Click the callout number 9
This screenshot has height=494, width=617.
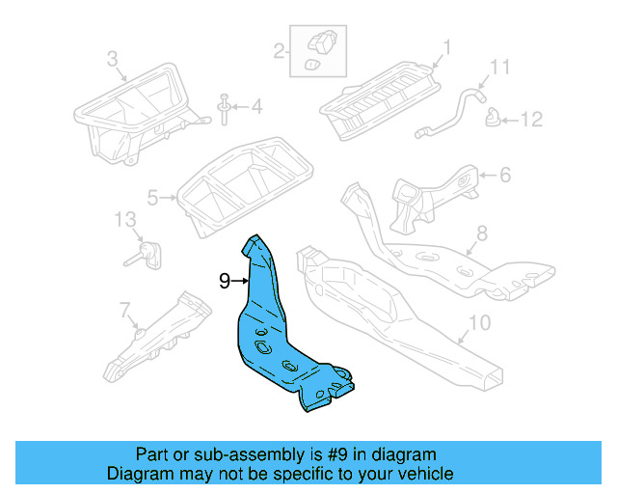click(225, 281)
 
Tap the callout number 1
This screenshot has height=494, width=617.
click(447, 46)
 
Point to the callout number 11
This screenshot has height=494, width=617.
click(499, 67)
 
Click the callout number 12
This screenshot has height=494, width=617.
click(532, 120)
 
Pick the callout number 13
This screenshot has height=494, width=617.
click(126, 220)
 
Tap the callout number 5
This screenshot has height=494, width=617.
click(152, 199)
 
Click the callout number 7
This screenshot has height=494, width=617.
click(124, 309)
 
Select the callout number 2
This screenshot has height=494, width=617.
click(279, 50)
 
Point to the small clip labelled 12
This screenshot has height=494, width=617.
click(493, 119)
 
